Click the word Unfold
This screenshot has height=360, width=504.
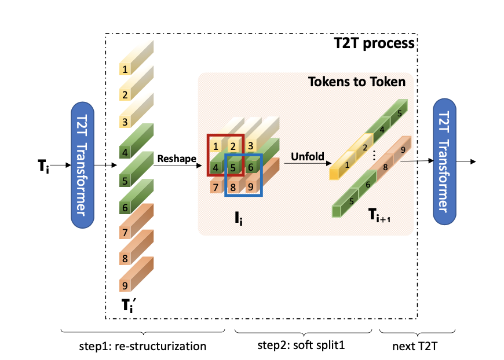pyautogui.click(x=306, y=156)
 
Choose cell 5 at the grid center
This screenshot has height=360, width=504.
pyautogui.click(x=233, y=167)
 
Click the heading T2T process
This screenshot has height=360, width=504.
pyautogui.click(x=374, y=43)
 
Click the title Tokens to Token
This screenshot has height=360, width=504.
pyautogui.click(x=356, y=82)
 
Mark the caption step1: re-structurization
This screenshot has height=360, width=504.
pyautogui.click(x=143, y=347)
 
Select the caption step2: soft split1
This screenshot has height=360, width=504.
pyautogui.click(x=305, y=347)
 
